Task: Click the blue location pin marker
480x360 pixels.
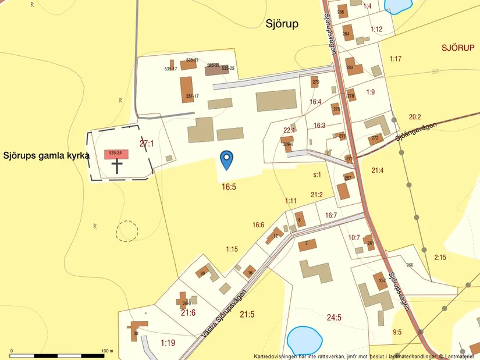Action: pos(226,159)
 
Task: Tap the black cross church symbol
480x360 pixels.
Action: pos(118,166)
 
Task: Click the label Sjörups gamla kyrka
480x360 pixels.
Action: pos(47,156)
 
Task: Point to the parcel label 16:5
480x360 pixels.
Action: pos(229,187)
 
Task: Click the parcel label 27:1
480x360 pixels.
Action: pos(147,143)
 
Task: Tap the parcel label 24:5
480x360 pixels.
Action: pos(334,318)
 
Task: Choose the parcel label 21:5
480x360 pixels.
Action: pos(247,315)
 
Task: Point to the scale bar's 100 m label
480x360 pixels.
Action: pos(107,351)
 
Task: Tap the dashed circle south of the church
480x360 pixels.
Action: pos(126,231)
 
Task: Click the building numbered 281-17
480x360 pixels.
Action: pos(186,90)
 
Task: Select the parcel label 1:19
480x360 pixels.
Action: pos(168,343)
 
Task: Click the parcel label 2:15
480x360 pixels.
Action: pos(440,257)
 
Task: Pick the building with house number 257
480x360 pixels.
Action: pos(381,281)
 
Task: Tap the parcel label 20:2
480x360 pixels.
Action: pos(415,117)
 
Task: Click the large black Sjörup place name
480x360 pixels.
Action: pos(282,24)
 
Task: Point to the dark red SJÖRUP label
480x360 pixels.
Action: pos(457,48)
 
